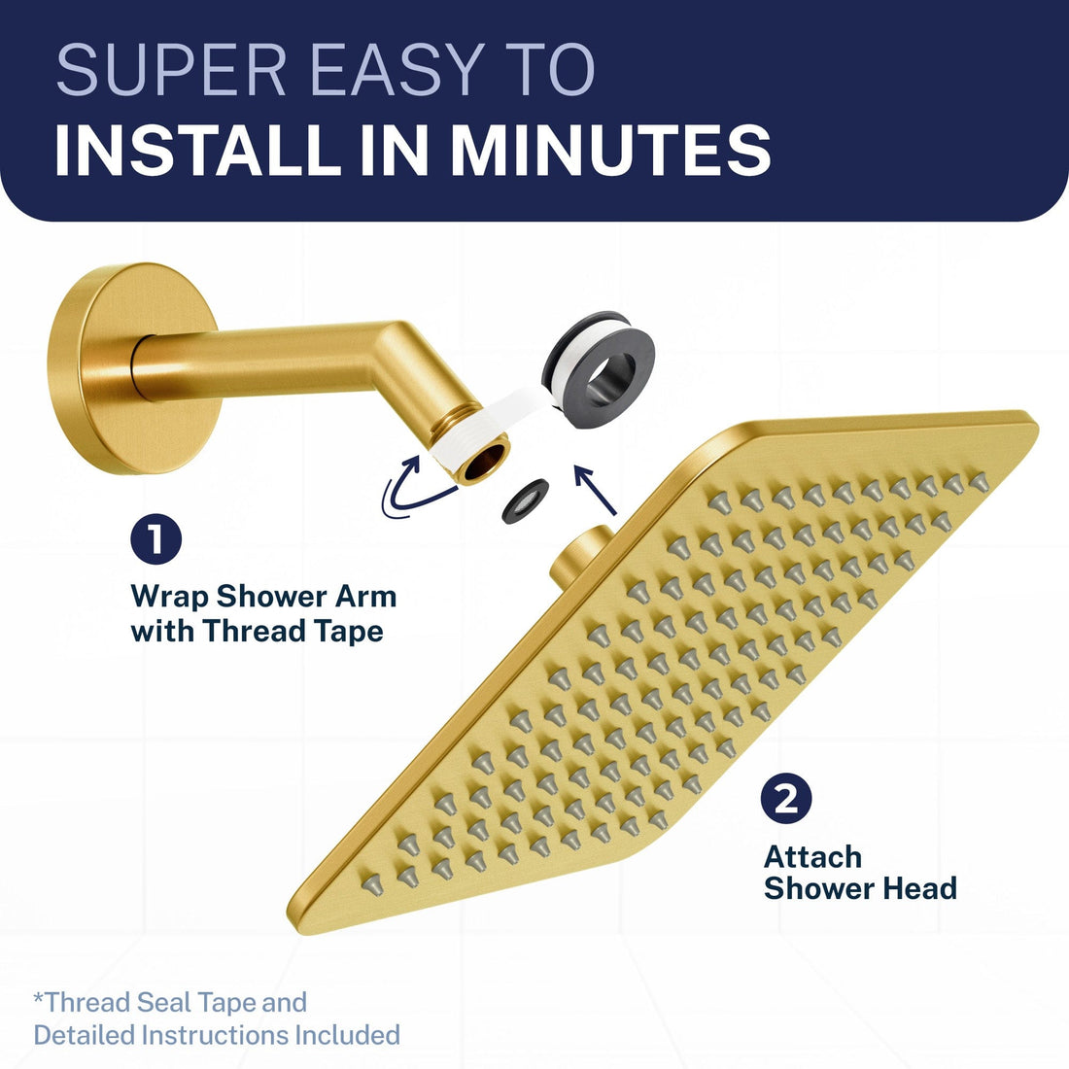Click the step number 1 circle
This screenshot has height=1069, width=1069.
pos(155,540)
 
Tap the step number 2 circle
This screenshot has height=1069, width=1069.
pos(786,799)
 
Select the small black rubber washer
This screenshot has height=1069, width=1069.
pos(526,499)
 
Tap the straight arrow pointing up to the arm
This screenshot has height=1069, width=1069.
pos(594,489)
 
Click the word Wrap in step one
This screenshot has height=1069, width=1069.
pos(169,596)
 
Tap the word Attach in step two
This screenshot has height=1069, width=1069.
pos(812,857)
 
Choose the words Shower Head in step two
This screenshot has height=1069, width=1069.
pos(860,888)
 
